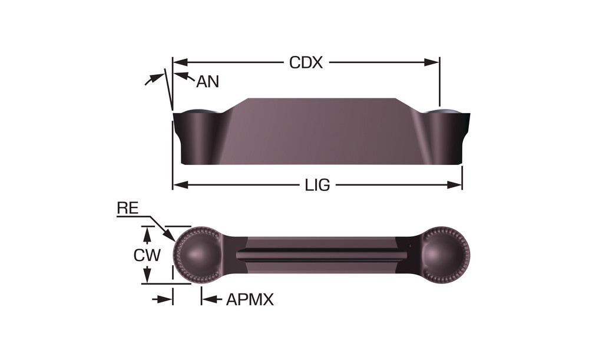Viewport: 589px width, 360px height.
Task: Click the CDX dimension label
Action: [306, 62]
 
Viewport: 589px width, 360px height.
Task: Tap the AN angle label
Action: [207, 81]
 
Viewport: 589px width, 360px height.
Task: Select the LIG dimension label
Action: [317, 185]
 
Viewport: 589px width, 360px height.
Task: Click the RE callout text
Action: [128, 208]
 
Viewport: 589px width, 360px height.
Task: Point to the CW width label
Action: [147, 256]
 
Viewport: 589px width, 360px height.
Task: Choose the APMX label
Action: [250, 299]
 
